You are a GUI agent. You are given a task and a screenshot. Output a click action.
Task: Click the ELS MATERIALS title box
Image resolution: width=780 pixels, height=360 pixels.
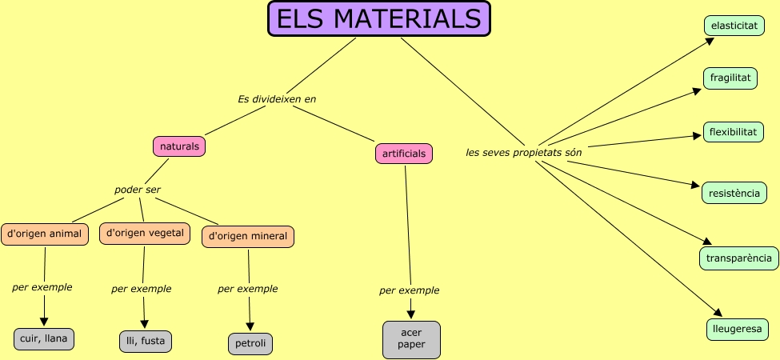[x=378, y=19]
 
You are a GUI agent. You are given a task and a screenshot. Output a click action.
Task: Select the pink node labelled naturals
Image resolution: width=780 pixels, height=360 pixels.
[x=179, y=146]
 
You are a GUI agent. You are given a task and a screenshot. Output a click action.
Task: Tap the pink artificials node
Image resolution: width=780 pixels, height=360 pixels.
[x=404, y=153]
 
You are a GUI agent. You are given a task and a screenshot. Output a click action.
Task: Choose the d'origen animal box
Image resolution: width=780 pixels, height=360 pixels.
[x=44, y=234]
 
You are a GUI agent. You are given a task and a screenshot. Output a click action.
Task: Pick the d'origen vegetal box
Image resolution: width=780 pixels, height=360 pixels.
[x=145, y=233]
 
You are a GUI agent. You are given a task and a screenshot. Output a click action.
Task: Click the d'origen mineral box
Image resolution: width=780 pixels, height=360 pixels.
[x=248, y=236]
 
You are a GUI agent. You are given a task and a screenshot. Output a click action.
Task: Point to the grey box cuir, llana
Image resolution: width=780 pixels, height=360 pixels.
[x=44, y=338]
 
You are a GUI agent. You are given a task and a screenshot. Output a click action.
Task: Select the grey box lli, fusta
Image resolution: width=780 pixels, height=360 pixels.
[x=145, y=341]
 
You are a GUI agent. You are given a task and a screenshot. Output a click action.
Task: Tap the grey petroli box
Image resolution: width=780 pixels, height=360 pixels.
[x=250, y=344]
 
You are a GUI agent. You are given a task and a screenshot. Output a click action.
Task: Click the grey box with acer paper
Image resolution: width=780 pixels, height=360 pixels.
[x=411, y=339]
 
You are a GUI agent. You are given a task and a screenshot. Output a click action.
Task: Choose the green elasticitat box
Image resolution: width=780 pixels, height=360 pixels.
[x=734, y=26]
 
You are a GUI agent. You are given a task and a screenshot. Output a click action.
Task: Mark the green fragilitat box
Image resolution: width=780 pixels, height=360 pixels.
[x=730, y=78]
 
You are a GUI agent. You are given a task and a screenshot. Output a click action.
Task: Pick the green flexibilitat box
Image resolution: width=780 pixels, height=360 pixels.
[x=733, y=131]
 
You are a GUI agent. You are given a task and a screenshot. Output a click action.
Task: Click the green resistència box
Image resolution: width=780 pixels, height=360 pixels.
[x=734, y=193]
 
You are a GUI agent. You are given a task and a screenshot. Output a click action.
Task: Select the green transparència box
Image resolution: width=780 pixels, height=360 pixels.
[x=739, y=258]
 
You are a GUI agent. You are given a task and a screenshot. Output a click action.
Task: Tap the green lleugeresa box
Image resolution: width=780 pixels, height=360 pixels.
[x=738, y=328]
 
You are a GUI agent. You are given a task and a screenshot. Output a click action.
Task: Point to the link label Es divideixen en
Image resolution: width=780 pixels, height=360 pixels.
[x=277, y=99]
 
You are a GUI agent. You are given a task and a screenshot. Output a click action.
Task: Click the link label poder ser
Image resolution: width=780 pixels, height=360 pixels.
[x=138, y=190]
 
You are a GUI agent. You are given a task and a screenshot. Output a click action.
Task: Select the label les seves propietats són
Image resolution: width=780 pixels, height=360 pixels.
[x=524, y=152]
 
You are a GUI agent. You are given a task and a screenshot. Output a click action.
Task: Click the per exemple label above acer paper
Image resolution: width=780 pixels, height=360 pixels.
[x=409, y=290]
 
